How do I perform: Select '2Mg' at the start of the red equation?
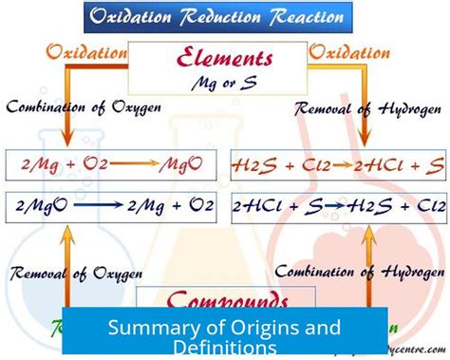[x=35, y=165]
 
